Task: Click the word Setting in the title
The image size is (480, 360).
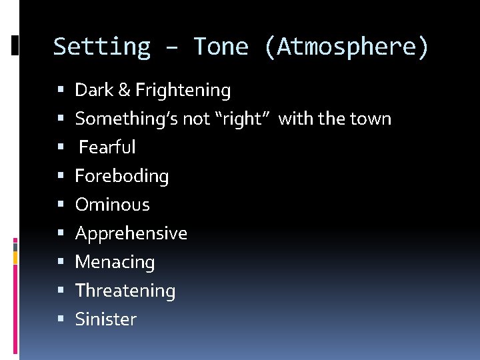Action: click(x=101, y=47)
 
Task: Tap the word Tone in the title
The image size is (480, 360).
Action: click(x=221, y=47)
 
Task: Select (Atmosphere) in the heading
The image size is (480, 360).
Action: click(x=347, y=47)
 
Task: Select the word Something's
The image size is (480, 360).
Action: click(x=121, y=119)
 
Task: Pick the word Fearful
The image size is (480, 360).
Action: click(x=107, y=147)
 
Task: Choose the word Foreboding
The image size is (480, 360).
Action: click(x=122, y=176)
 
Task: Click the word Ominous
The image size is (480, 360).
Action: click(x=113, y=205)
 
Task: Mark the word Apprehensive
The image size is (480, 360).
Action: click(x=131, y=233)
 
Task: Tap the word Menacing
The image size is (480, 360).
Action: click(x=115, y=262)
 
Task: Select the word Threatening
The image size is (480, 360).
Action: click(x=125, y=291)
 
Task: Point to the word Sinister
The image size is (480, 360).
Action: click(x=106, y=319)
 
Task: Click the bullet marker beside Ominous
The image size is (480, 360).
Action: click(x=61, y=205)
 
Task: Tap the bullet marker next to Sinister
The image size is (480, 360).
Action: click(x=61, y=319)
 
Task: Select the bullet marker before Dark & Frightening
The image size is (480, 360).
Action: click(x=61, y=90)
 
